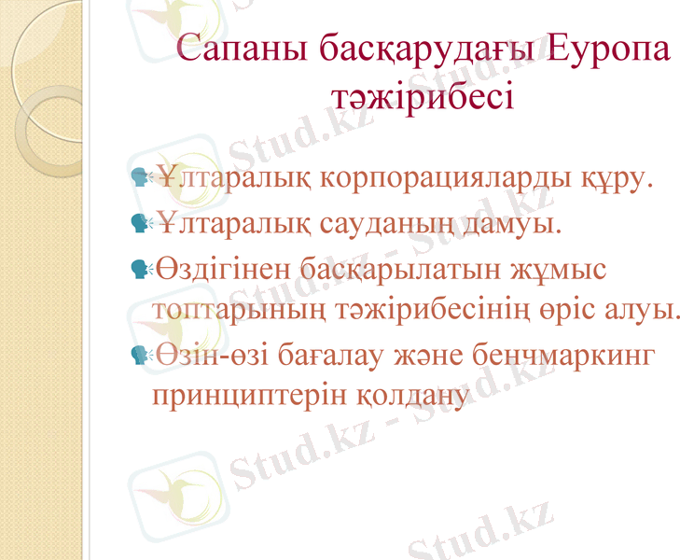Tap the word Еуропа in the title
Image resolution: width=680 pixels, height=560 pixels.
tap(608, 49)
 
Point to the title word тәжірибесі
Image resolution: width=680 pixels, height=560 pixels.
tap(423, 94)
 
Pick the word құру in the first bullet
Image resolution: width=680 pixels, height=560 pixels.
tap(614, 176)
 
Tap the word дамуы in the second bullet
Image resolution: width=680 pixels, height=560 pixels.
tap(519, 224)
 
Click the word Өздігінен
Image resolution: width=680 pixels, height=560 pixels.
tap(222, 271)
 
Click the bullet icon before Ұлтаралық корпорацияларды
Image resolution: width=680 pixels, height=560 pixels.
tap(142, 175)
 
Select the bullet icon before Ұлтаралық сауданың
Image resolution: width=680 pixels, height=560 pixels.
tap(142, 223)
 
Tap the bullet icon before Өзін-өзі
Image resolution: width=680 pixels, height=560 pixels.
tap(142, 355)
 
